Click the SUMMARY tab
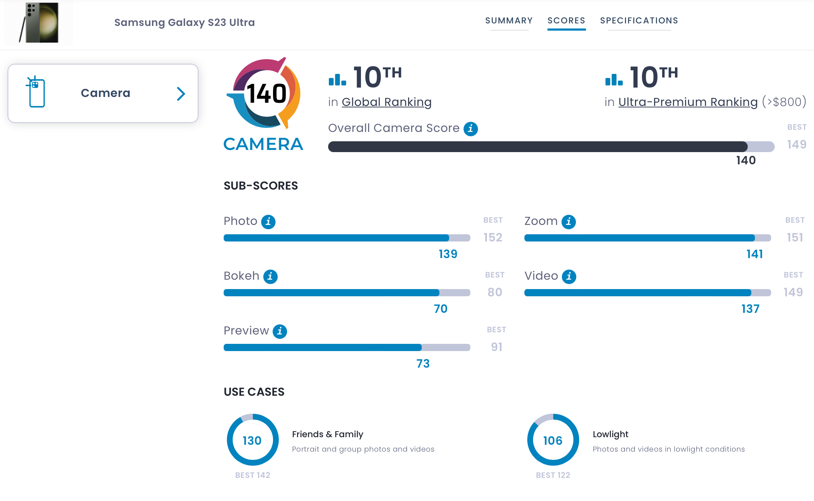tap(509, 21)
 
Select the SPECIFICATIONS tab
tap(639, 21)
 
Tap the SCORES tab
tap(566, 21)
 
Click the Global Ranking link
tap(386, 102)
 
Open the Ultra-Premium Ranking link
tap(688, 102)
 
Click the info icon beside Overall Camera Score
tap(470, 129)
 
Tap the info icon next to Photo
tap(268, 222)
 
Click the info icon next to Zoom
tap(569, 222)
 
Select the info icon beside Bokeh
tap(270, 276)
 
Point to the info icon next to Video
tap(569, 276)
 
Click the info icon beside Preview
tap(280, 331)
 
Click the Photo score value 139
tap(448, 254)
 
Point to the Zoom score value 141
tap(755, 254)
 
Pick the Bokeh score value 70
tap(440, 309)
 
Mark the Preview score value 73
tap(423, 364)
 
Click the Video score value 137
tap(750, 309)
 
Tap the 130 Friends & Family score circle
tap(252, 440)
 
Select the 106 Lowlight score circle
tap(553, 440)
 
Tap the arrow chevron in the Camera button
tap(181, 94)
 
